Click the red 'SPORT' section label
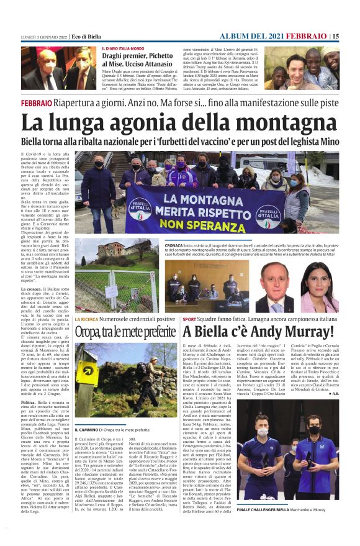pos(189,319)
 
